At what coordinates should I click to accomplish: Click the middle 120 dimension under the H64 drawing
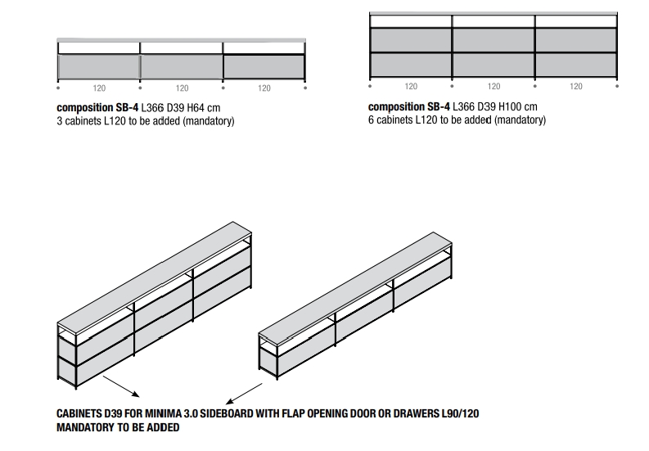[182, 88]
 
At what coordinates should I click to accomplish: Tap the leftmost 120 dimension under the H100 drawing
[411, 86]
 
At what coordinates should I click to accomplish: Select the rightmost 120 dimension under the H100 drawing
[575, 86]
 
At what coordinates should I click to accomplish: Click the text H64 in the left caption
[196, 108]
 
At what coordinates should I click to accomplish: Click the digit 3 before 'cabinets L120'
[60, 121]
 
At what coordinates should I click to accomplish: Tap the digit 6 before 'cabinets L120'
[372, 120]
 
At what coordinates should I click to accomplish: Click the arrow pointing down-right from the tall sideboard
[121, 386]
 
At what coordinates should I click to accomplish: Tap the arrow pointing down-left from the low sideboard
[244, 394]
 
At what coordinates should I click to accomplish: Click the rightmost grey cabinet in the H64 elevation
[264, 66]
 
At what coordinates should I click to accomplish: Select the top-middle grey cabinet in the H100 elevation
[494, 40]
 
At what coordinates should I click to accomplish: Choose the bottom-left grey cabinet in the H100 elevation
[411, 65]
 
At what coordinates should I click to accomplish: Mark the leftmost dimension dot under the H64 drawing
[58, 88]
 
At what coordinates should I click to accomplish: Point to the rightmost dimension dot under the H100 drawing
[617, 86]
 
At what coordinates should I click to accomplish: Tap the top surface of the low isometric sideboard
[355, 288]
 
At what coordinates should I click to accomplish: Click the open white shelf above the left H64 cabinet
[99, 48]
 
